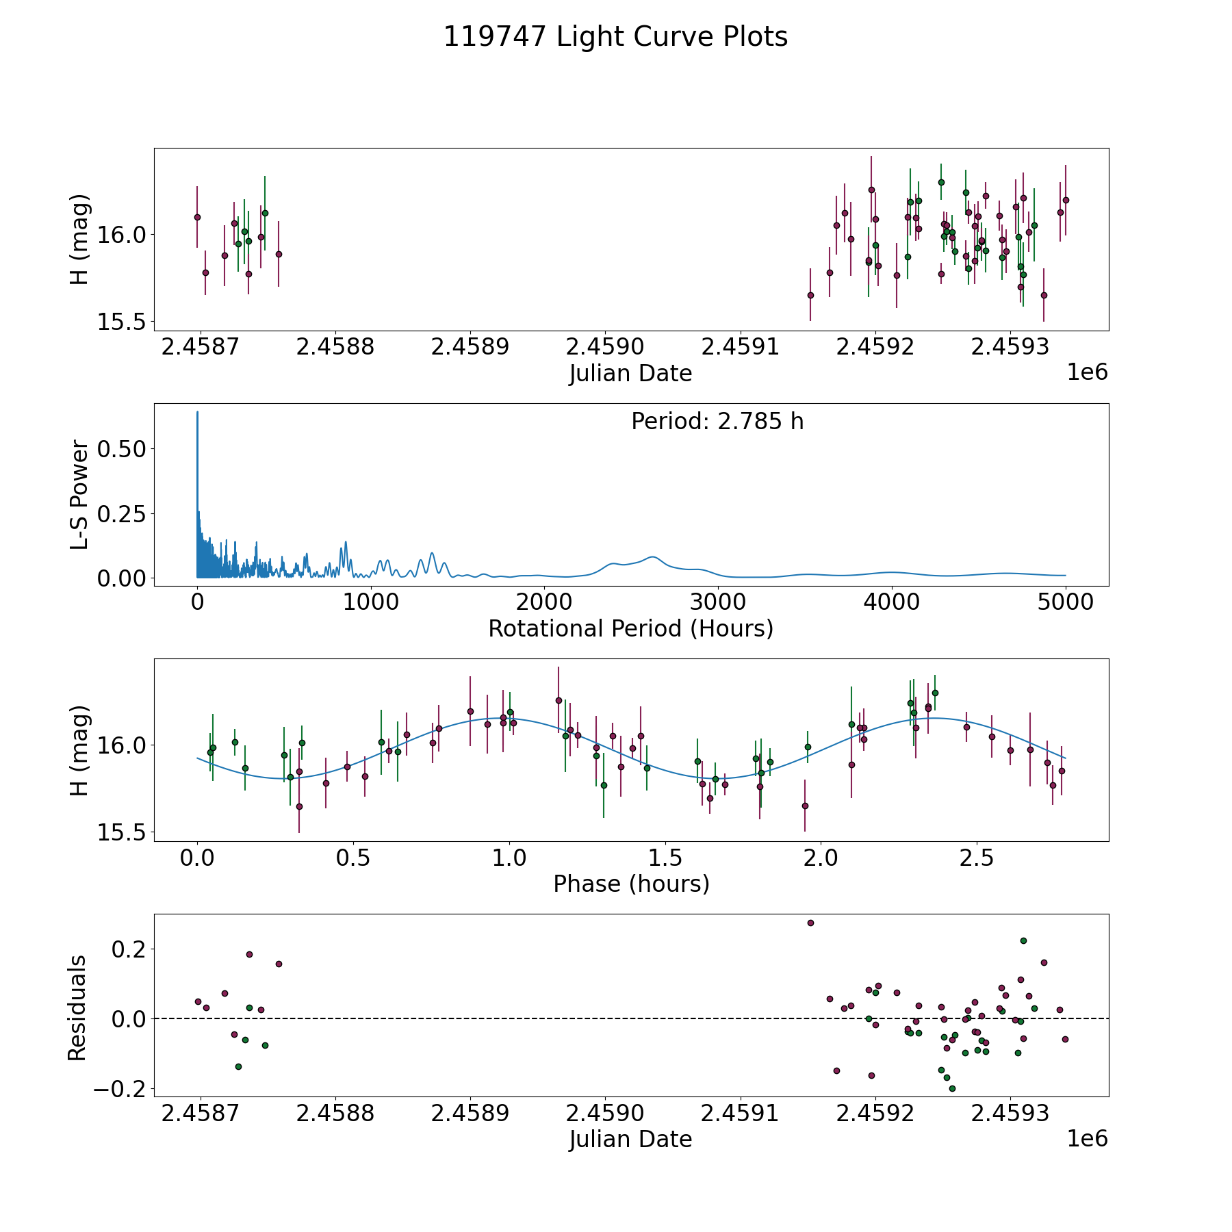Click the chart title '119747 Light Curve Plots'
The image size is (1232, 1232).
(615, 37)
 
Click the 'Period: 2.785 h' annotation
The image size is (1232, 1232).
(717, 422)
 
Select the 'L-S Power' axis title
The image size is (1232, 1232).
(79, 495)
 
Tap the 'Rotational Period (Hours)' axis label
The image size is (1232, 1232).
(630, 628)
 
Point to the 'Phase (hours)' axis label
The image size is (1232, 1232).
(631, 884)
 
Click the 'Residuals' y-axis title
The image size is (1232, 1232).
(77, 1008)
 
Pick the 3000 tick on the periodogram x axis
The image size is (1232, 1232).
(718, 602)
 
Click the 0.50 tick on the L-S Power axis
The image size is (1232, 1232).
(122, 449)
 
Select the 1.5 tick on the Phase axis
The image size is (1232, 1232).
(665, 858)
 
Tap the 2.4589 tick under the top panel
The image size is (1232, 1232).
(470, 347)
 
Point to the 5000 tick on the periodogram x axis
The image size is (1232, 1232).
(1065, 602)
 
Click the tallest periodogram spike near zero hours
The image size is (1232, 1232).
(197, 412)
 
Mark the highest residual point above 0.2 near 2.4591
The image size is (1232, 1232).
(810, 923)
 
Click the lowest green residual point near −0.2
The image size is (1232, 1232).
(952, 1088)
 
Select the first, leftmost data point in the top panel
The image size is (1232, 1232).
(197, 217)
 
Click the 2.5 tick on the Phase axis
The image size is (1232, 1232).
(977, 858)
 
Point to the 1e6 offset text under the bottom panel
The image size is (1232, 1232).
(1087, 1139)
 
